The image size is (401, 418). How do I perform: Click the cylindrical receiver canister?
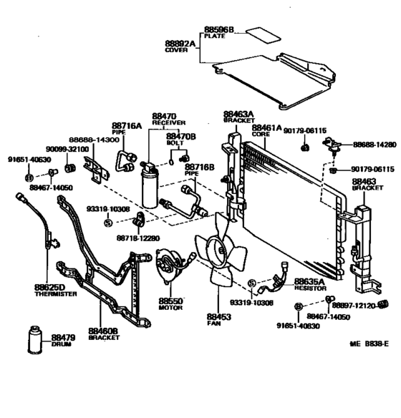pos(152,187)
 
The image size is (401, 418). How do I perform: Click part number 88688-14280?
pos(374,145)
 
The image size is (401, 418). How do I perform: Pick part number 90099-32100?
pos(69,149)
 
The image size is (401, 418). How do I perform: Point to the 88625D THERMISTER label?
pos(55,290)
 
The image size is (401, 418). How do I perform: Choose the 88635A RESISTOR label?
pos(306,286)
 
